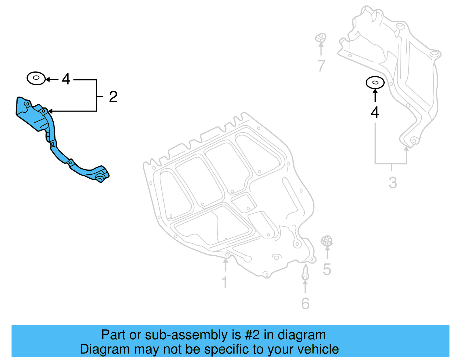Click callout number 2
(x=113, y=97)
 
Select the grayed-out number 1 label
(x=225, y=282)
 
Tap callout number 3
(x=393, y=182)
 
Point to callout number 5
(x=327, y=269)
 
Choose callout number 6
(x=305, y=304)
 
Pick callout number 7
(x=321, y=65)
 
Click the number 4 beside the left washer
(x=66, y=79)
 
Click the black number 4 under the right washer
(x=375, y=112)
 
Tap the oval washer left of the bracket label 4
(x=36, y=78)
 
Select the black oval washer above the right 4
(x=375, y=83)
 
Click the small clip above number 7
(x=321, y=38)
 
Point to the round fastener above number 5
(x=327, y=241)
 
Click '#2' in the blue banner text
(x=252, y=335)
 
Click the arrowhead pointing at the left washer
(x=48, y=80)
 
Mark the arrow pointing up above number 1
(x=226, y=265)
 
